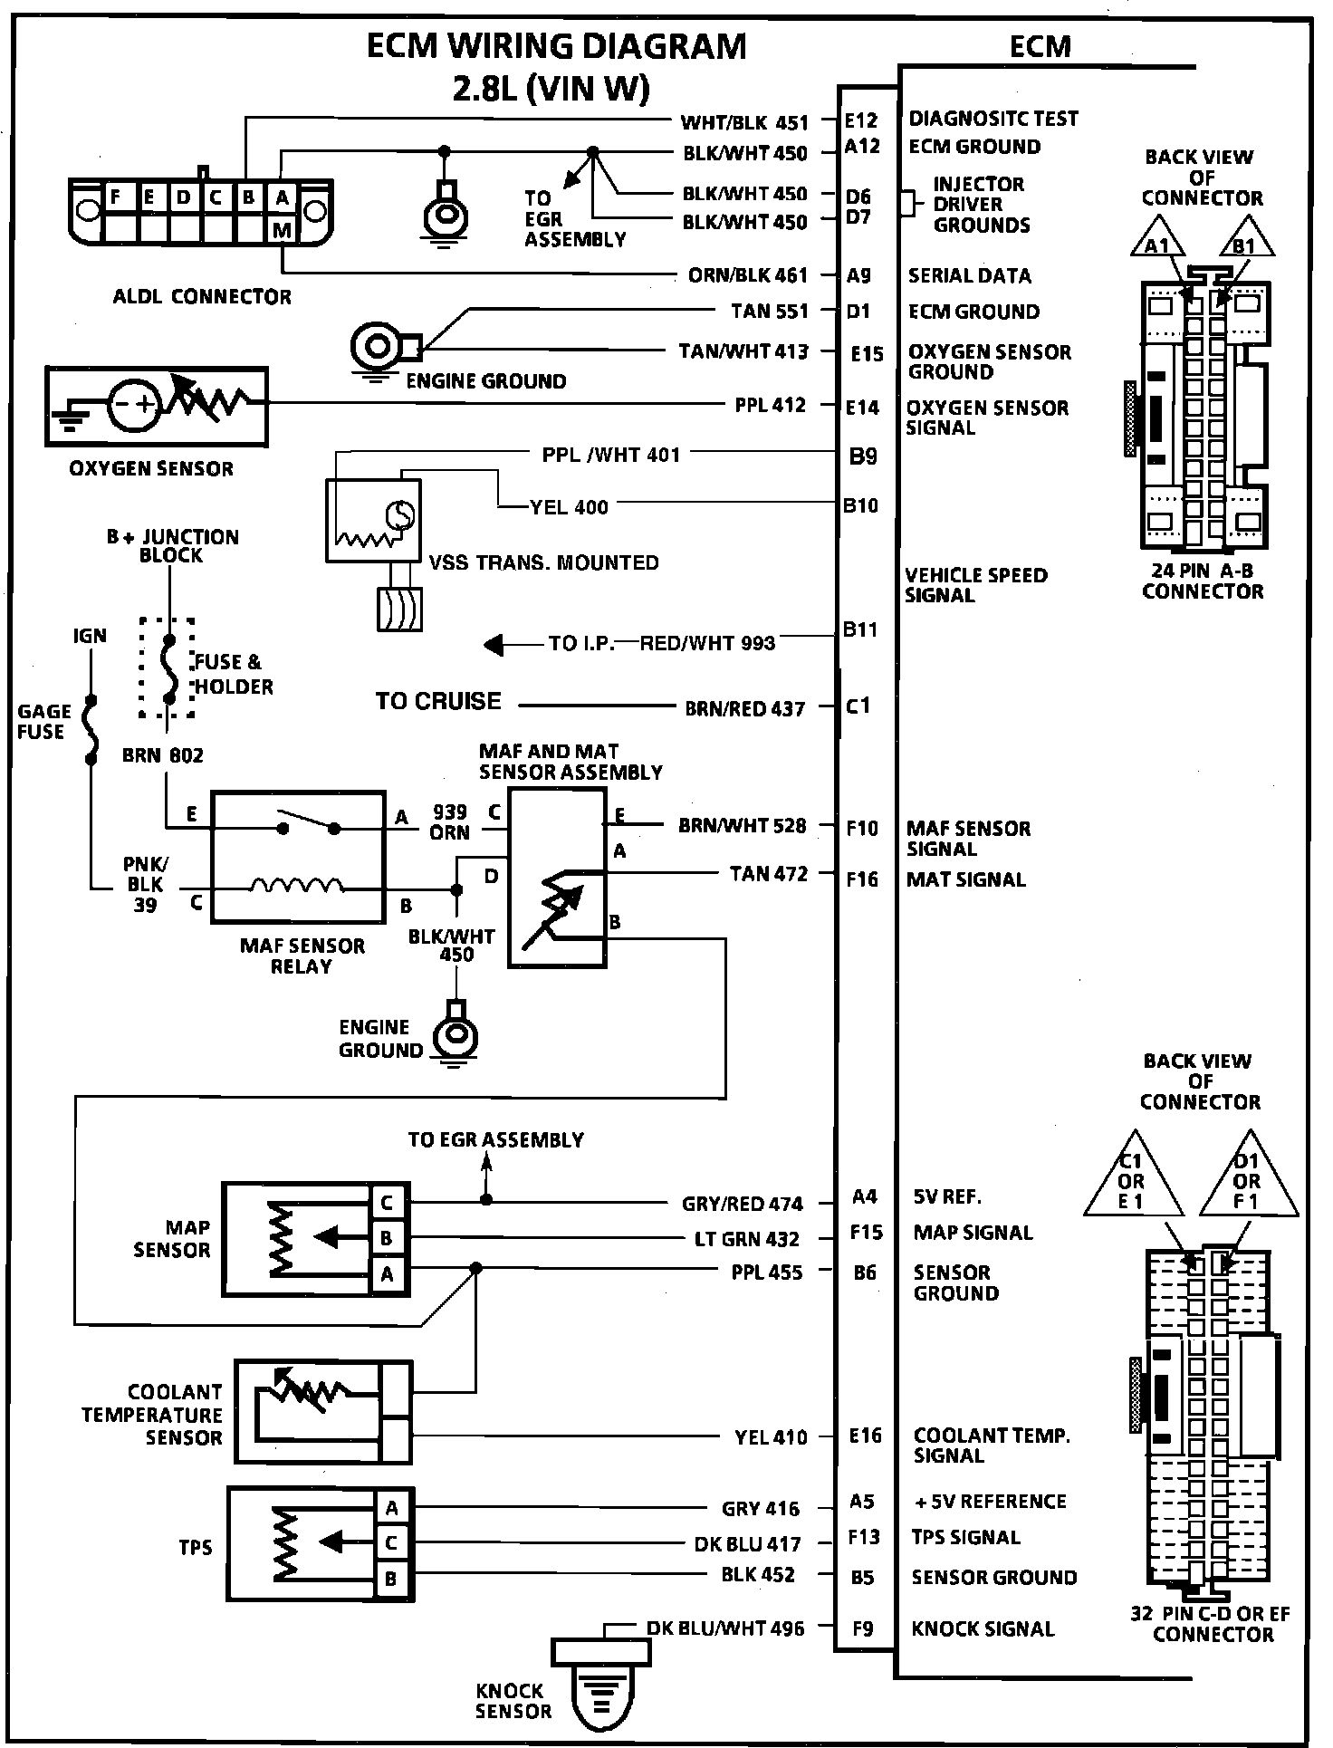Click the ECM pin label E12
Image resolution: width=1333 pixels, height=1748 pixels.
click(x=860, y=120)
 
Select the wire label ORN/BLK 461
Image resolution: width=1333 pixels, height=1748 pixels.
click(x=747, y=275)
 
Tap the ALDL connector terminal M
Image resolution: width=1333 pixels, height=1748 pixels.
click(x=282, y=231)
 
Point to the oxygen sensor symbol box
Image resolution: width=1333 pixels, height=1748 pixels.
click(x=157, y=406)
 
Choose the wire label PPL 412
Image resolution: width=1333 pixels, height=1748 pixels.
click(x=770, y=405)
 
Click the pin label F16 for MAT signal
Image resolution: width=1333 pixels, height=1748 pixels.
click(x=862, y=879)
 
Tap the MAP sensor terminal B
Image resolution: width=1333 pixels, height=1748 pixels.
click(x=387, y=1238)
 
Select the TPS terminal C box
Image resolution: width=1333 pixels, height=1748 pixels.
click(x=391, y=1542)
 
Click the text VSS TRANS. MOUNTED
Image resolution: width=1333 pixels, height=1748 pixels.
click(x=543, y=562)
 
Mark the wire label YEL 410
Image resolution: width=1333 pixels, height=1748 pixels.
click(x=771, y=1436)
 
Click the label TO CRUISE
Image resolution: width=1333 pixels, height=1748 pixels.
click(x=438, y=701)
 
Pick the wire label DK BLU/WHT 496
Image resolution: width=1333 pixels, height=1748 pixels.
click(x=725, y=1628)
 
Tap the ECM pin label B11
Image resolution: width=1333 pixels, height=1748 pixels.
click(x=860, y=629)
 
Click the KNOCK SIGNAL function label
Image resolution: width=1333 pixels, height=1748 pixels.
click(x=983, y=1628)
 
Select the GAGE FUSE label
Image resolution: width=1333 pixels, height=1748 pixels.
click(x=43, y=722)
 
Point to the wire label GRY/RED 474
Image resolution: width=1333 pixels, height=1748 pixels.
click(x=742, y=1204)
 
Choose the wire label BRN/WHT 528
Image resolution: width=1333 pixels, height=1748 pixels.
click(x=742, y=825)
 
